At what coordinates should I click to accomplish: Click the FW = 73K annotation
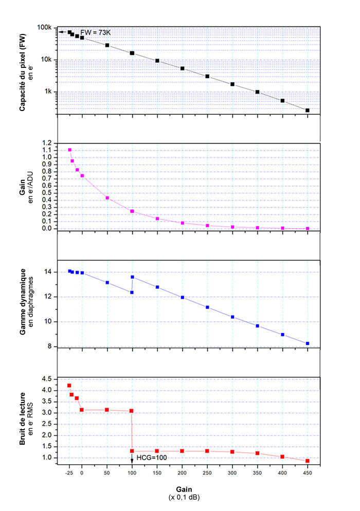point(95,32)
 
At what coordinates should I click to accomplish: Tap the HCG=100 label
point(152,457)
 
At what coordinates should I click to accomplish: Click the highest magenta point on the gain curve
point(69,150)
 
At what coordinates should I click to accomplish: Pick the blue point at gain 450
point(308,343)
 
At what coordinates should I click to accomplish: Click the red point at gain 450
point(308,461)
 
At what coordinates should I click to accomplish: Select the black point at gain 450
point(308,111)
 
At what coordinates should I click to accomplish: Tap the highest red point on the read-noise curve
point(69,386)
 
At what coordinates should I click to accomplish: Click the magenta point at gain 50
point(107,198)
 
